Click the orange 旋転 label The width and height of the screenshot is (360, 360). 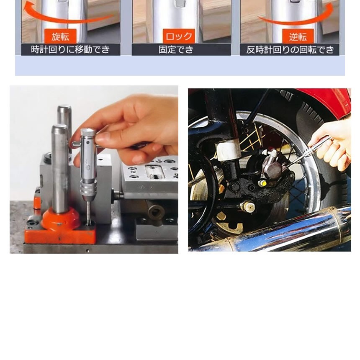[x=60, y=36]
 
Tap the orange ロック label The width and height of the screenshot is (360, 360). [x=179, y=36]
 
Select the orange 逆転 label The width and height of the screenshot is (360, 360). [x=298, y=36]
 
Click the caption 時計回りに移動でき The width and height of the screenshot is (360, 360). [x=70, y=49]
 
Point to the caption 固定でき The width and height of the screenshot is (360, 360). [x=176, y=49]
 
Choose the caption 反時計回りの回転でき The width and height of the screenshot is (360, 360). [x=290, y=49]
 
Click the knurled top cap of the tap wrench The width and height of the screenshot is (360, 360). [x=88, y=132]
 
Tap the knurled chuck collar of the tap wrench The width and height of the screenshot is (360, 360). [x=88, y=188]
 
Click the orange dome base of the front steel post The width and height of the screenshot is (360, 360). [x=61, y=219]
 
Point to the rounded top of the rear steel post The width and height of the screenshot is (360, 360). [x=64, y=108]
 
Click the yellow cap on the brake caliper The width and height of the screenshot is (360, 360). [x=263, y=183]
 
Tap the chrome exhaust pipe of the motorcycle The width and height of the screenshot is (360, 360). [x=275, y=232]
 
